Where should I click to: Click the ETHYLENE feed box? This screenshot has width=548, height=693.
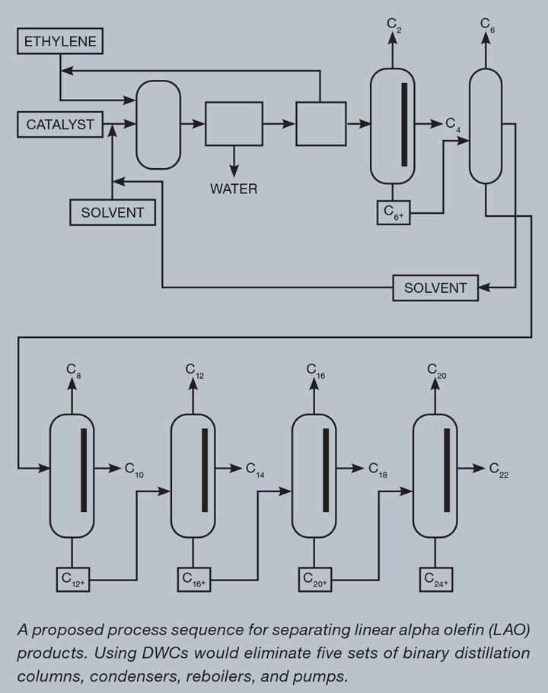60,41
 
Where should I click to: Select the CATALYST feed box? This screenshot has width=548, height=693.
60,125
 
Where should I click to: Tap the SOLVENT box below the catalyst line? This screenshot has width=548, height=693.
113,212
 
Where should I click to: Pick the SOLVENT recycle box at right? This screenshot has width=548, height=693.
435,288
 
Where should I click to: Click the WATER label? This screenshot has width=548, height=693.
234,189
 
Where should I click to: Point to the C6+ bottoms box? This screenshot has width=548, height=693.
393,212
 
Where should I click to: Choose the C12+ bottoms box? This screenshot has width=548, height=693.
73,580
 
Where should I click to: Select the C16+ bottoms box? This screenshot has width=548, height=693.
194,580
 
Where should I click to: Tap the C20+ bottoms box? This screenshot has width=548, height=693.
315,580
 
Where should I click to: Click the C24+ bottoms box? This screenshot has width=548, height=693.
436,580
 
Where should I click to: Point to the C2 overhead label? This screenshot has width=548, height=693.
394,25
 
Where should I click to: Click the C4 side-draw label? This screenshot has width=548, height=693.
453,125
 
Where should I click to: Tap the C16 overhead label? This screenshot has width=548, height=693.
316,370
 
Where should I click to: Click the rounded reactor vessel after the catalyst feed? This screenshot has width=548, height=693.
158,125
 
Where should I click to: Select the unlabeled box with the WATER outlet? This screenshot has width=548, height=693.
234,124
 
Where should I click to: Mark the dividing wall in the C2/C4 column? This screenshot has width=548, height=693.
404,125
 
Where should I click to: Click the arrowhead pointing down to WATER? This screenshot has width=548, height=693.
234,170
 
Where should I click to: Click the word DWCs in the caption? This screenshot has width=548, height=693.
165,653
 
